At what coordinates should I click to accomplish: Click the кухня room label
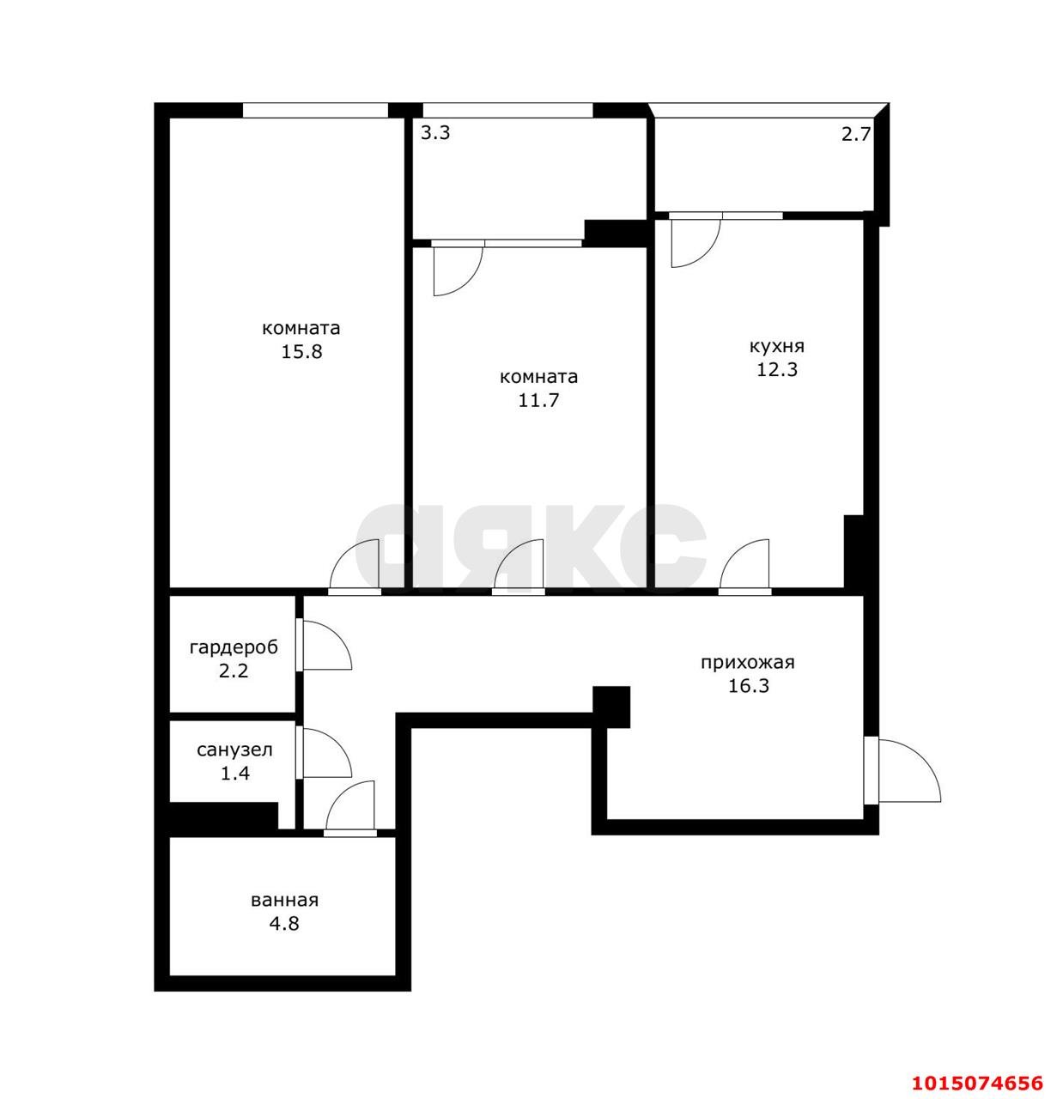776,346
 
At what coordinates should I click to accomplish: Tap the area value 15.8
301,351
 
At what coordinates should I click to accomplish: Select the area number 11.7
538,400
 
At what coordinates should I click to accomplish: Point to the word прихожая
747,662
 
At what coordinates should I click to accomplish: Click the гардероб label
234,647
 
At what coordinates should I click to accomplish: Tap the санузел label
234,750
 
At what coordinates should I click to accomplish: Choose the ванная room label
284,900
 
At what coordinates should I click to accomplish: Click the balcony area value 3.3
435,133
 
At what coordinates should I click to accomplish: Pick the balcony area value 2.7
855,134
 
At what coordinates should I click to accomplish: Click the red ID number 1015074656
976,1057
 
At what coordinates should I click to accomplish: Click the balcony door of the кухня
694,241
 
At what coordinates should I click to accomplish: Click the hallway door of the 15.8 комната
356,565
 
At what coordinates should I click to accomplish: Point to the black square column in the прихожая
612,706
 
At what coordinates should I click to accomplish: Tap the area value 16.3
747,686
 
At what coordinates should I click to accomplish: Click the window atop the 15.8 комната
315,110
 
